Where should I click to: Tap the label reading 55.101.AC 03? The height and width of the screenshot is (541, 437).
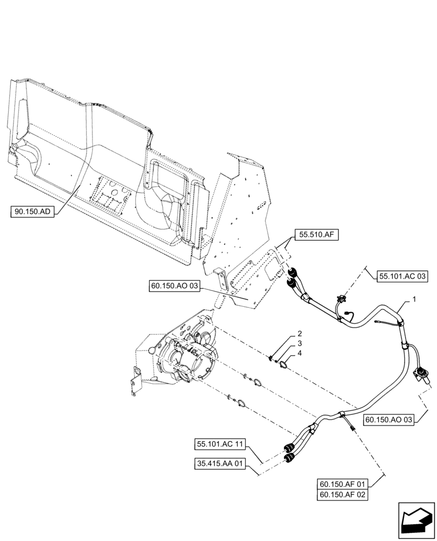(402, 276)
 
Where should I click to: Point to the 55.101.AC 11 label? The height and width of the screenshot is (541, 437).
(221, 445)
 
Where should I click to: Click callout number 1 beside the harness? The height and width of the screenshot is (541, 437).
(414, 299)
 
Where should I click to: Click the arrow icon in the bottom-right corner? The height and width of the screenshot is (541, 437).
(416, 520)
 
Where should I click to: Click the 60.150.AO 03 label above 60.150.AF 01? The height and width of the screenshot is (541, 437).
(388, 419)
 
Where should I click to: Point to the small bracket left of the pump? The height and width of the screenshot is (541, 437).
(134, 379)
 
